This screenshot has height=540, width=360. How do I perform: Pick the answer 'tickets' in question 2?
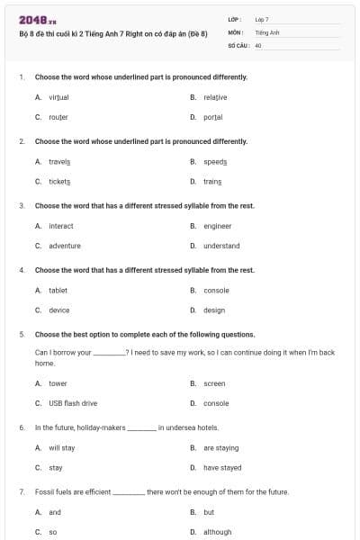click(x=59, y=182)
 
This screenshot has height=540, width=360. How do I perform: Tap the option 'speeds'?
click(x=215, y=161)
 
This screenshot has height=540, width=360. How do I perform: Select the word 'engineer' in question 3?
click(x=217, y=226)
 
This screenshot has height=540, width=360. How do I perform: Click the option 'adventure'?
click(x=65, y=246)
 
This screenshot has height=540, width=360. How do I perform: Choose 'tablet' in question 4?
click(x=58, y=290)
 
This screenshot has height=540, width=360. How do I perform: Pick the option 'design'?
click(x=214, y=310)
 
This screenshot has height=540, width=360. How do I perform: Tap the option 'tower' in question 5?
click(x=58, y=383)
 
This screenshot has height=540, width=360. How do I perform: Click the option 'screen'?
click(x=214, y=383)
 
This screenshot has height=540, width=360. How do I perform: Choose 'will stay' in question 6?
click(x=62, y=447)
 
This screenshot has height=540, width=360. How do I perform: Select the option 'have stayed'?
click(x=222, y=468)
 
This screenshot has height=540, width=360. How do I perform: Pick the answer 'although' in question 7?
click(x=217, y=532)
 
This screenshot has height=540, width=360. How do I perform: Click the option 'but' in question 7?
click(x=209, y=512)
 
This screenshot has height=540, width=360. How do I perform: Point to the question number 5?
click(x=22, y=334)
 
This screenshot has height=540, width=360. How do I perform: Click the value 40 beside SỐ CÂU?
click(x=258, y=44)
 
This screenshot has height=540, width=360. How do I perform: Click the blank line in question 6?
click(x=141, y=427)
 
